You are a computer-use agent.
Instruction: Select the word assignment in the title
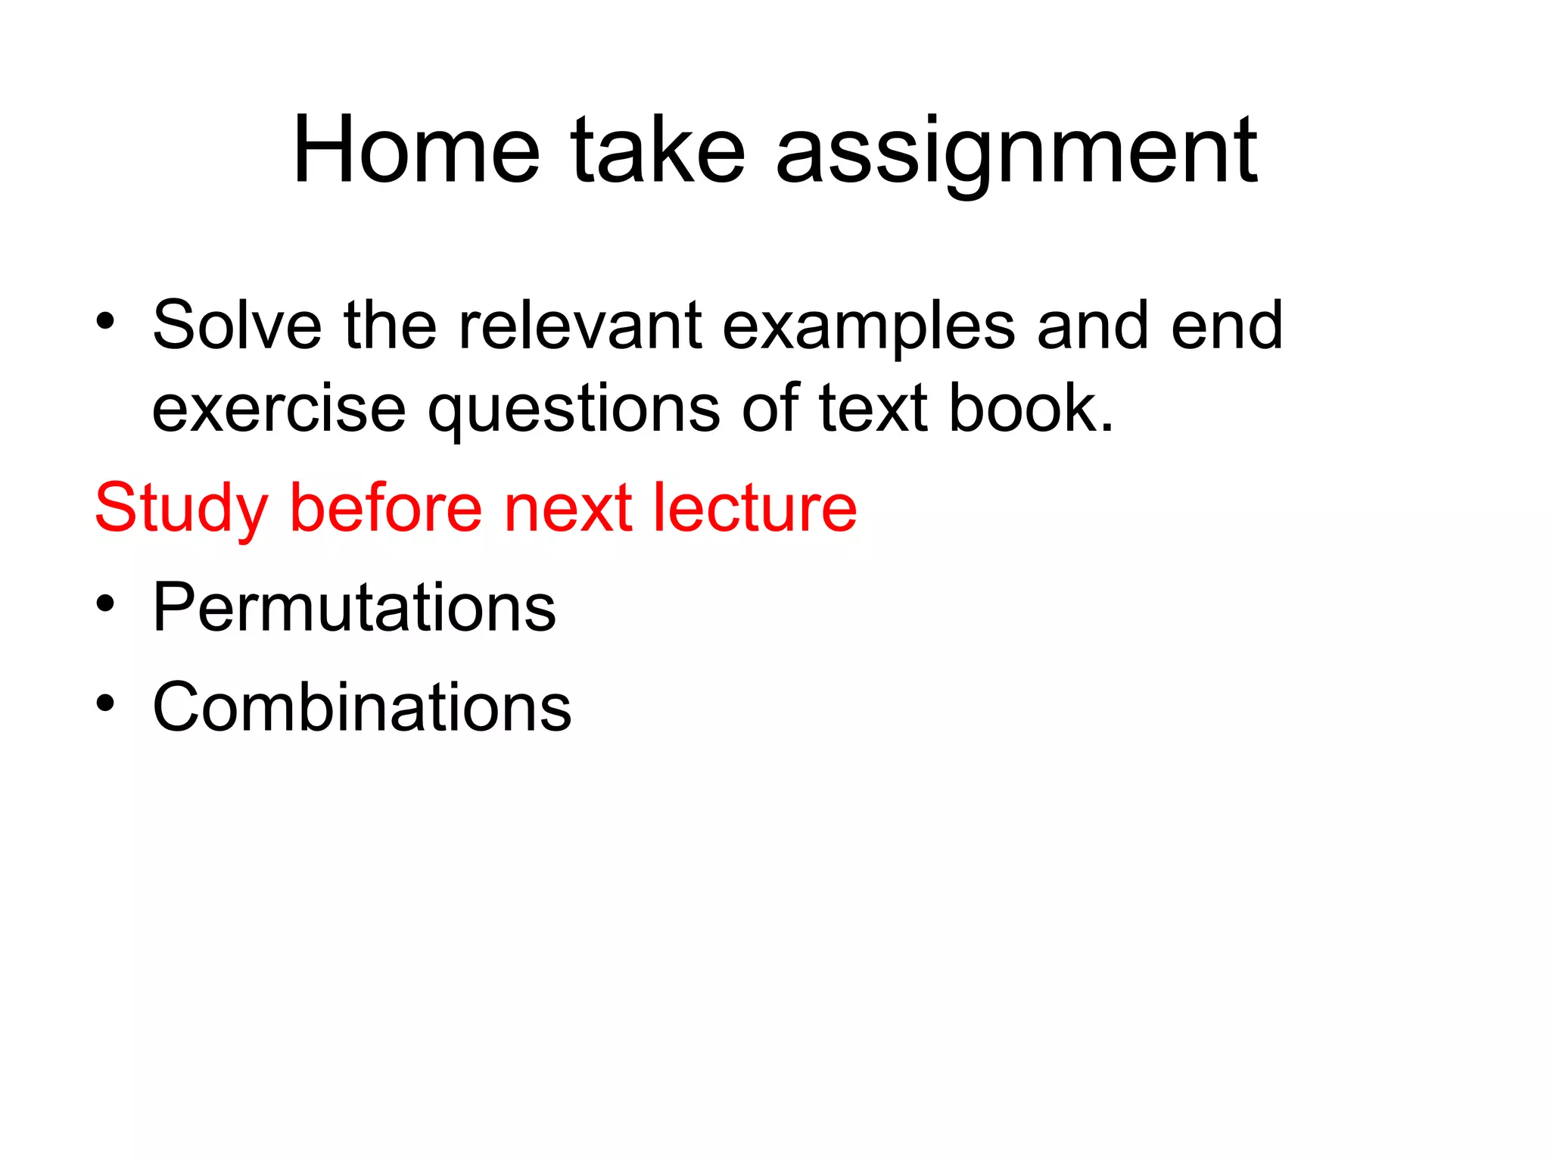[1016, 151]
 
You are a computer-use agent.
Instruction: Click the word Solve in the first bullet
[237, 325]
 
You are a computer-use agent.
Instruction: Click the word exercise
[279, 408]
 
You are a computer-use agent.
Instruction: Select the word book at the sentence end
[1031, 408]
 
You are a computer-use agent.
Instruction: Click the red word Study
[182, 509]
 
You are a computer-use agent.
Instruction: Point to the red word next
[568, 509]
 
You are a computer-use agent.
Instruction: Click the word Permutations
[354, 607]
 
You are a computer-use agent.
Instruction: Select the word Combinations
[362, 706]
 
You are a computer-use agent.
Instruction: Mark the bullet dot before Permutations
[105, 603]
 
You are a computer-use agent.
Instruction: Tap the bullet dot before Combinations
[105, 703]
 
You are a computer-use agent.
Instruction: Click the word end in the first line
[1227, 325]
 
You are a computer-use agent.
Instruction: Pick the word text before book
[873, 408]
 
